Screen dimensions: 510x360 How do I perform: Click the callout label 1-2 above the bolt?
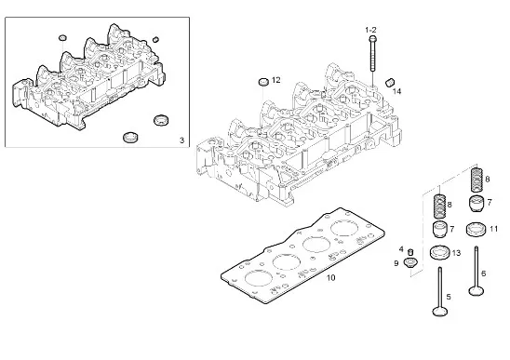pos(370,31)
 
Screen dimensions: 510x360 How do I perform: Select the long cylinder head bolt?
pos(373,53)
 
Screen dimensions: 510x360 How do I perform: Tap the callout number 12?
pos(275,80)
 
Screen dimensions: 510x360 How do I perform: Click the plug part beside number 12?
pos(263,82)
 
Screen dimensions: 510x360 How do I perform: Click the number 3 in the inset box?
pos(181,140)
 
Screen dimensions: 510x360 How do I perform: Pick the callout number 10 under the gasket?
pos(330,278)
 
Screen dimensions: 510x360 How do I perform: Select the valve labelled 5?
pos(440,291)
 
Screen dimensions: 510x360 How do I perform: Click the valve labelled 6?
pos(476,271)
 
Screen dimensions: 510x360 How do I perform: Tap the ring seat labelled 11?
pos(476,230)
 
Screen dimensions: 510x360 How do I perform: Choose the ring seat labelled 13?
pos(440,253)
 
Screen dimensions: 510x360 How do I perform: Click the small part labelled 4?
pos(410,252)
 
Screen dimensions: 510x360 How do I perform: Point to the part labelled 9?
pos(409,262)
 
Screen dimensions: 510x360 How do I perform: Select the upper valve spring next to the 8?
pos(477,180)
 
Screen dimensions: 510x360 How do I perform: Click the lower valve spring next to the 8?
pos(439,206)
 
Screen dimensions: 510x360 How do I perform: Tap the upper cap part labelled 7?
pos(476,204)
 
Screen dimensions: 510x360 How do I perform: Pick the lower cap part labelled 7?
pos(439,229)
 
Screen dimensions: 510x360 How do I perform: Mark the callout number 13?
pos(456,253)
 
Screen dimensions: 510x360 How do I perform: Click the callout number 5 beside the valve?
pos(449,297)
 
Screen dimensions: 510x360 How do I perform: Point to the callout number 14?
pos(396,92)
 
